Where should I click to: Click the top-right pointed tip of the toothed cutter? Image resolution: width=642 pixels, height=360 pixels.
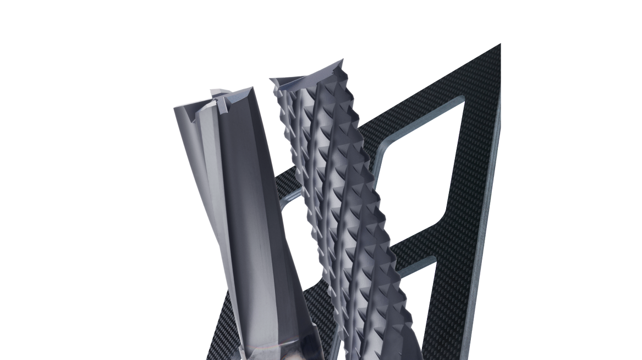343,59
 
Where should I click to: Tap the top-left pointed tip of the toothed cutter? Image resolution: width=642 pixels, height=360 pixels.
270,79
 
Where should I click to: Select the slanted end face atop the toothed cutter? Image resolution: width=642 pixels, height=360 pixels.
308,77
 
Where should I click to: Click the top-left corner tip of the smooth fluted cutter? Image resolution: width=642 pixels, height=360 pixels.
175,108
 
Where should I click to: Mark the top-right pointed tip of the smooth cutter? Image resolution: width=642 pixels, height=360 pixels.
252,87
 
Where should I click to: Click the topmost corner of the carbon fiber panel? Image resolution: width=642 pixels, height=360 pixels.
500,44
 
